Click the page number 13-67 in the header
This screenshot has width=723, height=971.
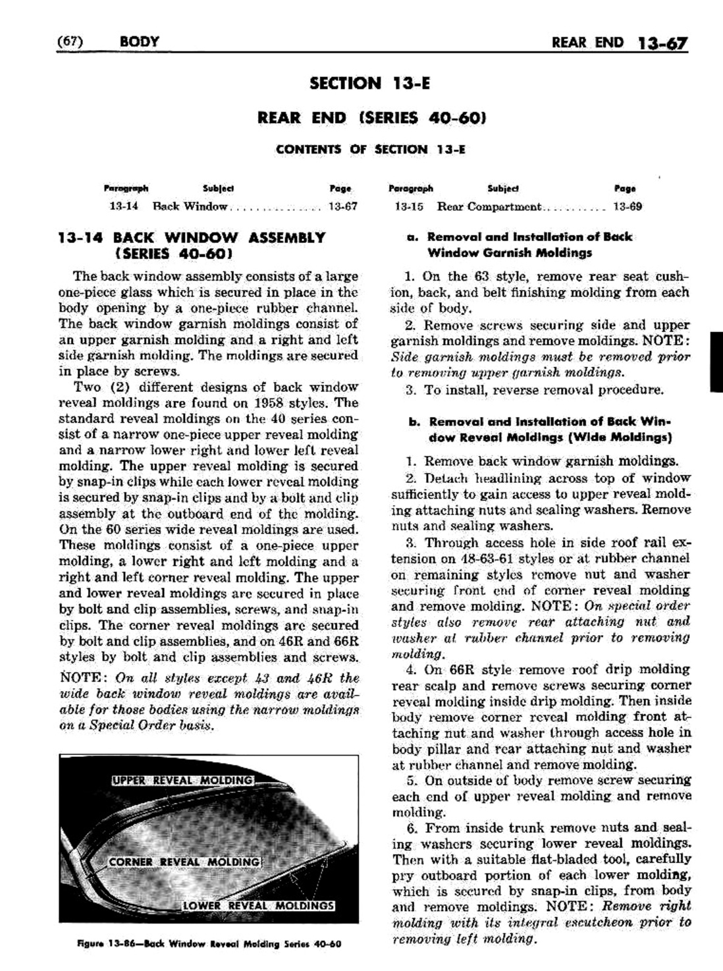pos(662,44)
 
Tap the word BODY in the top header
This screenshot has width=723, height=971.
pos(140,42)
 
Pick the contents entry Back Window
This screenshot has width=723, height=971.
pos(190,207)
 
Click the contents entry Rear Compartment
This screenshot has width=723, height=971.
pos(489,207)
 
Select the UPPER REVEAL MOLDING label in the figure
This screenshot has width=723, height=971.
pos(182,781)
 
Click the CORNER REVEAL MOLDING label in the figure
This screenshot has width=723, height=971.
pos(184,862)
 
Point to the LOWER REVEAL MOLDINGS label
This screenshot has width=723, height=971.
pos(258,905)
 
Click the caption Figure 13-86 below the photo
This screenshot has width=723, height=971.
pos(209,943)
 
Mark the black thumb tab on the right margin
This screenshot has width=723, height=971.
pos(716,363)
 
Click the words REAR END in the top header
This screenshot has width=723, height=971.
pos(587,43)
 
